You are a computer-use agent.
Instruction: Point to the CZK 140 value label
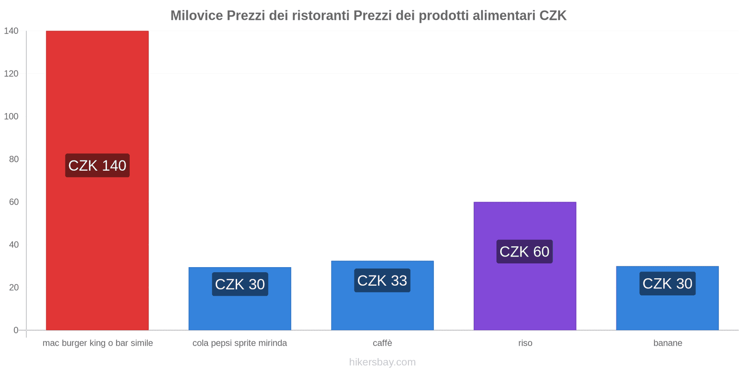pyautogui.click(x=97, y=166)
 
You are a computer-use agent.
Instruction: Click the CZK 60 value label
pyautogui.click(x=524, y=252)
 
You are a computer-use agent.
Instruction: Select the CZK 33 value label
pyautogui.click(x=382, y=281)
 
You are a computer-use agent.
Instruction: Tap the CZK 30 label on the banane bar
pyautogui.click(x=667, y=283)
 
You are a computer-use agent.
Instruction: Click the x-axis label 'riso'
pyautogui.click(x=525, y=343)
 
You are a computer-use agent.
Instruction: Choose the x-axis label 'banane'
pyautogui.click(x=667, y=343)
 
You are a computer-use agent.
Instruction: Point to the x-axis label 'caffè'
pyautogui.click(x=382, y=343)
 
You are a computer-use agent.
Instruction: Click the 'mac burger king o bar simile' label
pyautogui.click(x=98, y=343)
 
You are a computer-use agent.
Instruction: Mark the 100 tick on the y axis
pyautogui.click(x=11, y=116)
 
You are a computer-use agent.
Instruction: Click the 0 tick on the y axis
pyautogui.click(x=16, y=330)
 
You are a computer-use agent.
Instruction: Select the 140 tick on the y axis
pyautogui.click(x=11, y=31)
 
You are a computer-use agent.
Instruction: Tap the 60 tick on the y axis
pyautogui.click(x=13, y=202)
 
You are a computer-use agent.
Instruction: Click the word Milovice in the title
pyautogui.click(x=196, y=16)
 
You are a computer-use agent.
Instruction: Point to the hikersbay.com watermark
pyautogui.click(x=382, y=362)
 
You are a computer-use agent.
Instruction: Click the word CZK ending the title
pyautogui.click(x=553, y=16)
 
